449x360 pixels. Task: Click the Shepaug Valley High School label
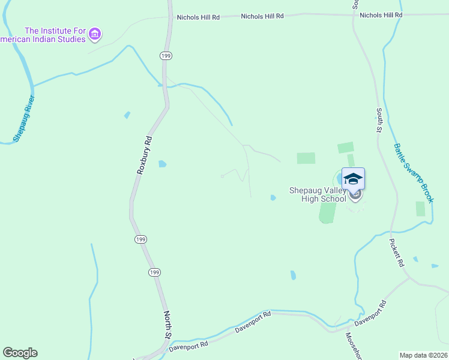click(318, 194)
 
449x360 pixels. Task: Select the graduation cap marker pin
click(353, 179)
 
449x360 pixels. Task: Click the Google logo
click(20, 353)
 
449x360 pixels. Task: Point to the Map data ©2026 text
click(423, 355)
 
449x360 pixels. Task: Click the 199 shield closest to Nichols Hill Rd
click(166, 55)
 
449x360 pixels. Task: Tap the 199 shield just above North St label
click(155, 272)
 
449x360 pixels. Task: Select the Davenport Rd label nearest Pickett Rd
click(369, 313)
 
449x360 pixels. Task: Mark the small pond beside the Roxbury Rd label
click(162, 163)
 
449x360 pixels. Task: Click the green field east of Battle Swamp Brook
click(420, 209)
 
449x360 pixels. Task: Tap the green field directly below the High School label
click(327, 212)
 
